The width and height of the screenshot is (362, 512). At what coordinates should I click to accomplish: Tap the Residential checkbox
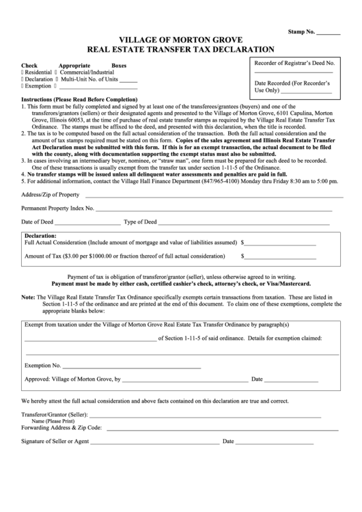coord(23,72)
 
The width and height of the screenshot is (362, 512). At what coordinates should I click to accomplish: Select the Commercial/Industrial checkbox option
coord(56,72)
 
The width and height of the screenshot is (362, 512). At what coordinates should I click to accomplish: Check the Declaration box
coord(23,79)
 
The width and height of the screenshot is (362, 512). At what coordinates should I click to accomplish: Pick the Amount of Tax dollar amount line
coord(281,258)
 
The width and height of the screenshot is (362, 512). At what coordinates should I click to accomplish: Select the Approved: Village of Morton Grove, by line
coord(184,380)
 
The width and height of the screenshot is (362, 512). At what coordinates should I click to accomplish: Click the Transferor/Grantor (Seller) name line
coord(205,416)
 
